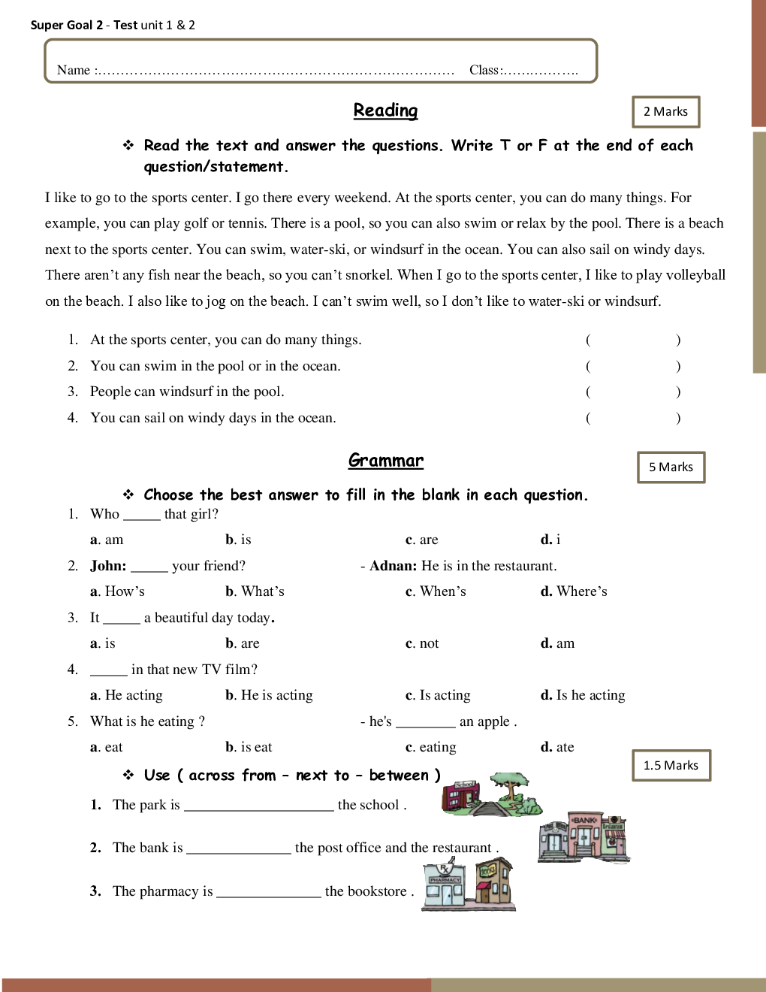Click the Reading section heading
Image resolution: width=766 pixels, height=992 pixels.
[385, 110]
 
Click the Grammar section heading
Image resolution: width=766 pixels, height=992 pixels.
[385, 460]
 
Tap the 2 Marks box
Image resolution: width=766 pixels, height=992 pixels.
[665, 112]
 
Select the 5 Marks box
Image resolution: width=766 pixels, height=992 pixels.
[671, 467]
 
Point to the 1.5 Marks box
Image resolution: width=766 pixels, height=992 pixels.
[671, 765]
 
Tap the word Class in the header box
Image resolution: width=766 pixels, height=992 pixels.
[484, 70]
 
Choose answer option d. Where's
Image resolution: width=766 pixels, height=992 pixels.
[574, 591]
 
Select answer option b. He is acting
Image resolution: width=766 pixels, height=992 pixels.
[269, 695]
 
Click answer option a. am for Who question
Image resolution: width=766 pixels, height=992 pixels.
[107, 540]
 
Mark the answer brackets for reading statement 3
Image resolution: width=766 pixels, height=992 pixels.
[633, 392]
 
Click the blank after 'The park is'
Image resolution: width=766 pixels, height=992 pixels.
[258, 806]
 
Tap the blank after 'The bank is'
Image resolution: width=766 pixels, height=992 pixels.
[238, 848]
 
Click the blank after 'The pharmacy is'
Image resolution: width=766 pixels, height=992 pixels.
[268, 892]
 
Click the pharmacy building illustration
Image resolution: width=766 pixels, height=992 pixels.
[445, 887]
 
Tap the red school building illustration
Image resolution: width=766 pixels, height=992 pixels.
[460, 795]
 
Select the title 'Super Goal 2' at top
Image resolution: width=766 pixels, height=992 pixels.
[67, 25]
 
